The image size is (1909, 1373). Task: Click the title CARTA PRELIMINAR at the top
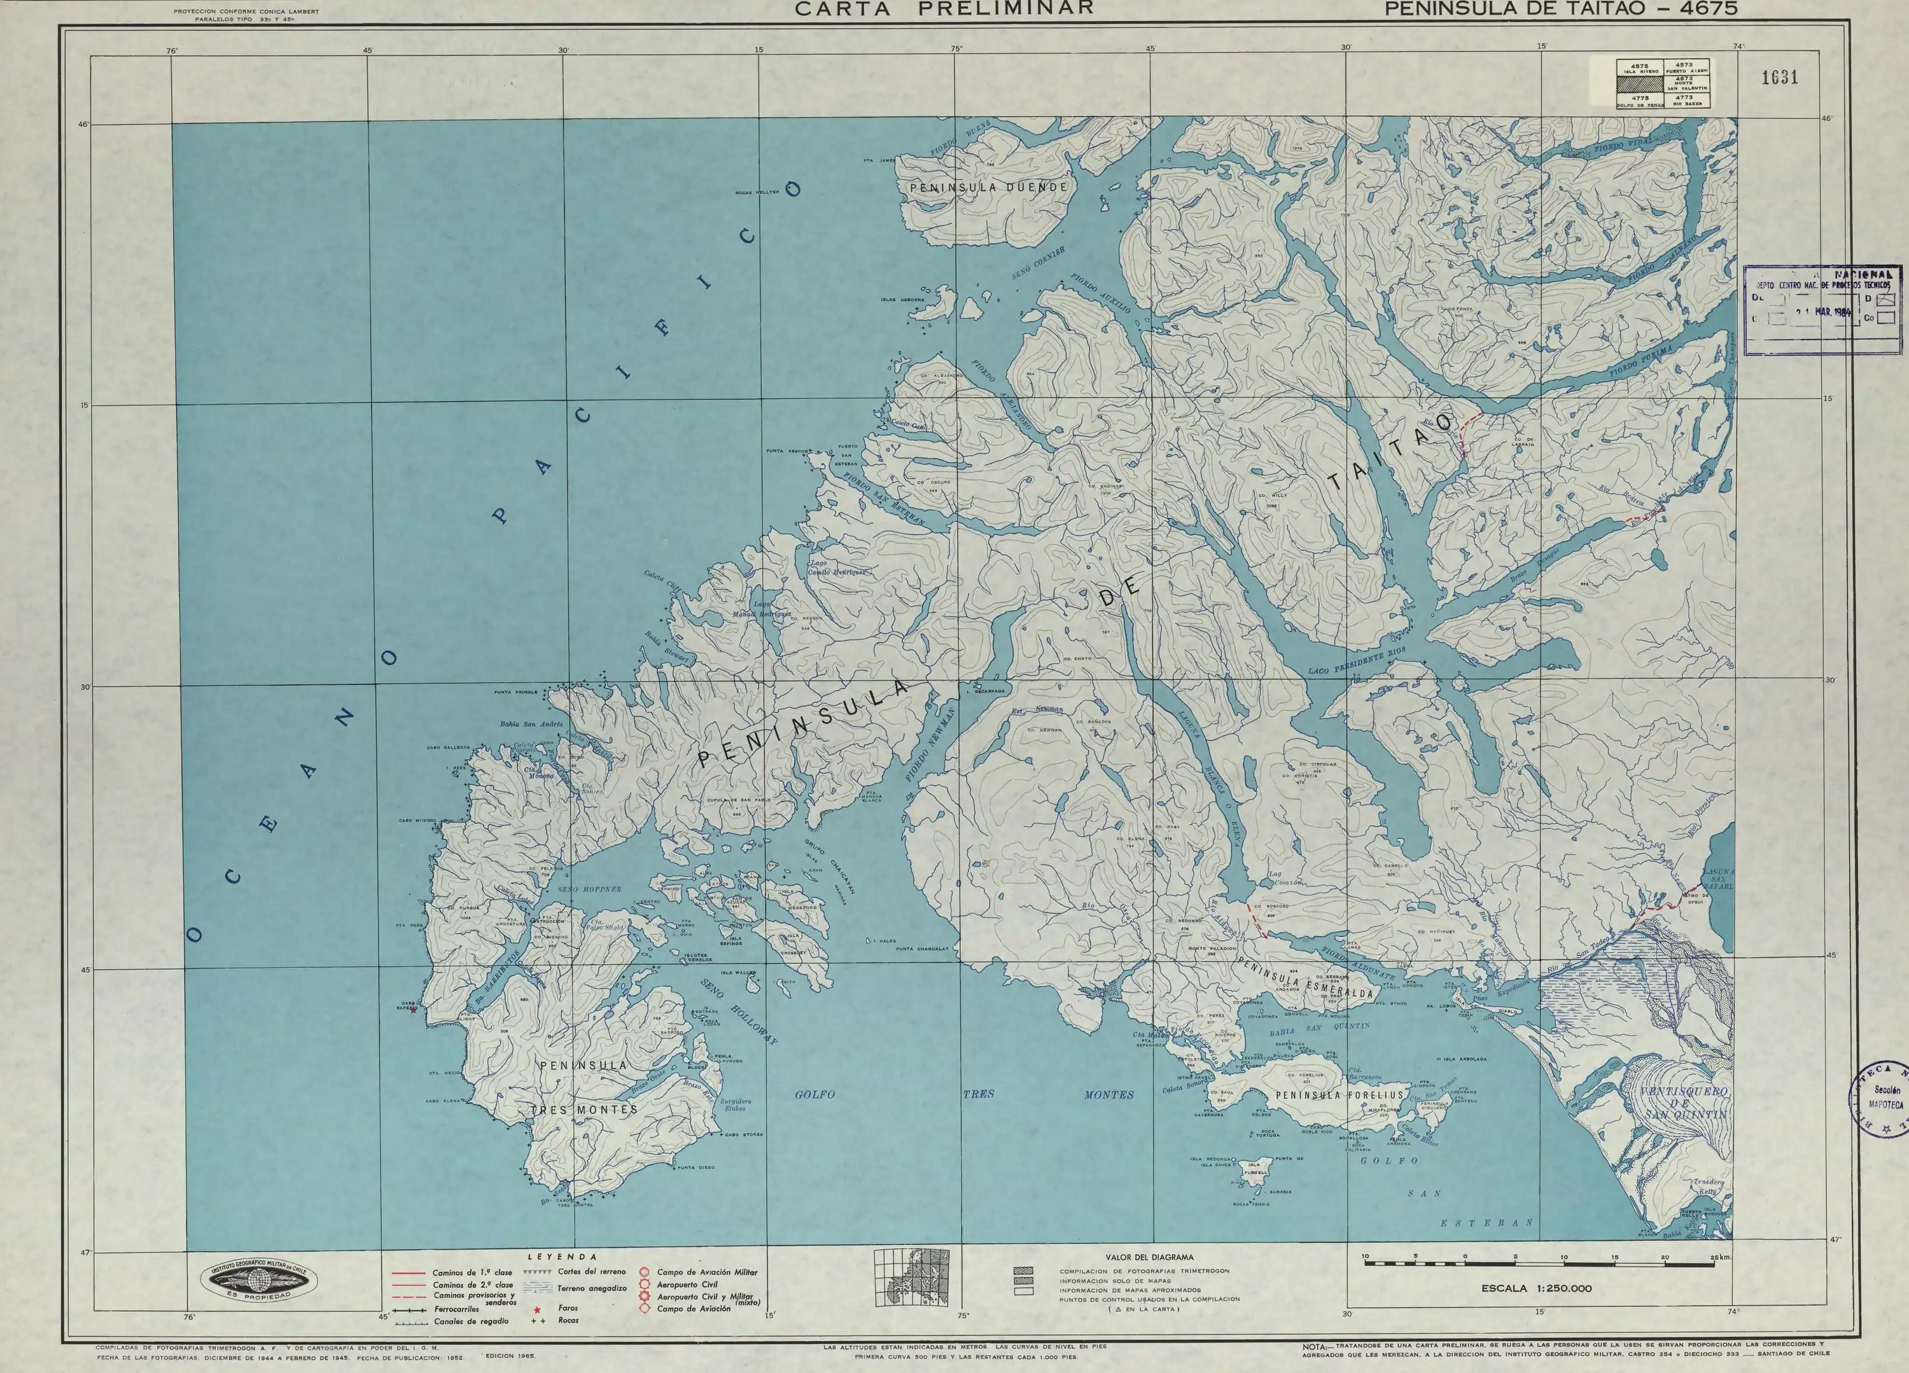(x=944, y=8)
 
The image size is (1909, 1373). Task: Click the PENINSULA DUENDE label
(x=988, y=188)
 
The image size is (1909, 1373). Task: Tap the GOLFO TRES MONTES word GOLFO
(x=815, y=1094)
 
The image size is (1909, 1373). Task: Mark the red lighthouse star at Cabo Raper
(x=412, y=1009)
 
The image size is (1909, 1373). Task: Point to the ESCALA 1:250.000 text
(x=1537, y=1288)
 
